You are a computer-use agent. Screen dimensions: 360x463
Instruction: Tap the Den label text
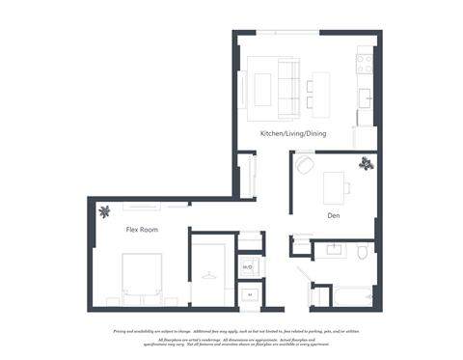(x=333, y=215)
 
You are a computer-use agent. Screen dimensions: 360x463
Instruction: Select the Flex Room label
(x=142, y=230)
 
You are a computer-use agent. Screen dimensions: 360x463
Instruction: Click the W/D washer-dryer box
(x=247, y=265)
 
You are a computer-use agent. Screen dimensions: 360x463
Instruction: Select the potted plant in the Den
(x=366, y=164)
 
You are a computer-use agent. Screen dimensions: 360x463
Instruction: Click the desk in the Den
(x=336, y=183)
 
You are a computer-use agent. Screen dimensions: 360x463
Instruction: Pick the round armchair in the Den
(x=305, y=166)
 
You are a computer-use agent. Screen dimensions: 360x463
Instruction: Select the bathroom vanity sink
(x=335, y=251)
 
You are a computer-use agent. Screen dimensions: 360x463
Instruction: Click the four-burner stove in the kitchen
(x=365, y=63)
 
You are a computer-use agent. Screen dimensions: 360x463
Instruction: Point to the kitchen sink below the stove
(x=366, y=97)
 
